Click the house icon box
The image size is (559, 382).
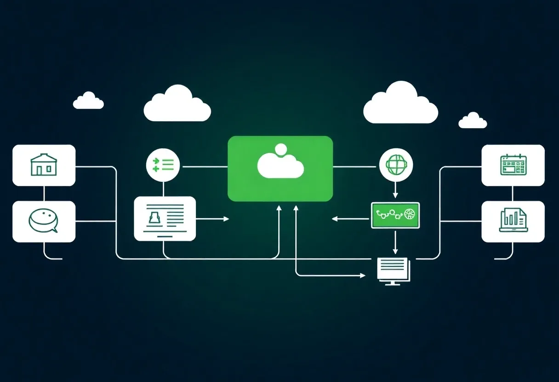pos(44,165)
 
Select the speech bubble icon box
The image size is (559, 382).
pos(44,221)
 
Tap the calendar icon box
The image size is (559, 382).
pos(513,165)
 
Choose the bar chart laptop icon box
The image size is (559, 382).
pos(513,221)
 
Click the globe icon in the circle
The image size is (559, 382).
pos(395,164)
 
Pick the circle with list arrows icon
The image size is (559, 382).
pos(163,164)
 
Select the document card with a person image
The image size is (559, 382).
pos(165,219)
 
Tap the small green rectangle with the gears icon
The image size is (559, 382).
pos(395,215)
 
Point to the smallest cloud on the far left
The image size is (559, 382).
pos(88,101)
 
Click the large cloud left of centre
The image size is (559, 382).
pos(177,104)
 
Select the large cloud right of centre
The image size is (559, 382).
pos(400,104)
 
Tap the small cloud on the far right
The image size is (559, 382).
pos(473,121)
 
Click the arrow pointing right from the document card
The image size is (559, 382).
pos(213,219)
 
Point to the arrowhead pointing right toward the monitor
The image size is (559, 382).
pos(362,275)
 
